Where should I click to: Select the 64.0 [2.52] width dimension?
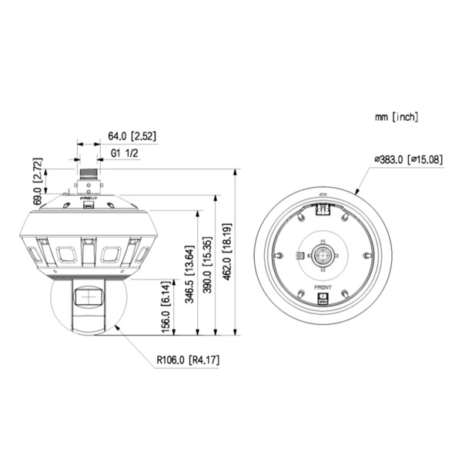(132, 136)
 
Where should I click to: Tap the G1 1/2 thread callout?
(123, 153)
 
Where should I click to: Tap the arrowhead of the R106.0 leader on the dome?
(116, 327)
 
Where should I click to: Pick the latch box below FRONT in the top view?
(323, 301)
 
